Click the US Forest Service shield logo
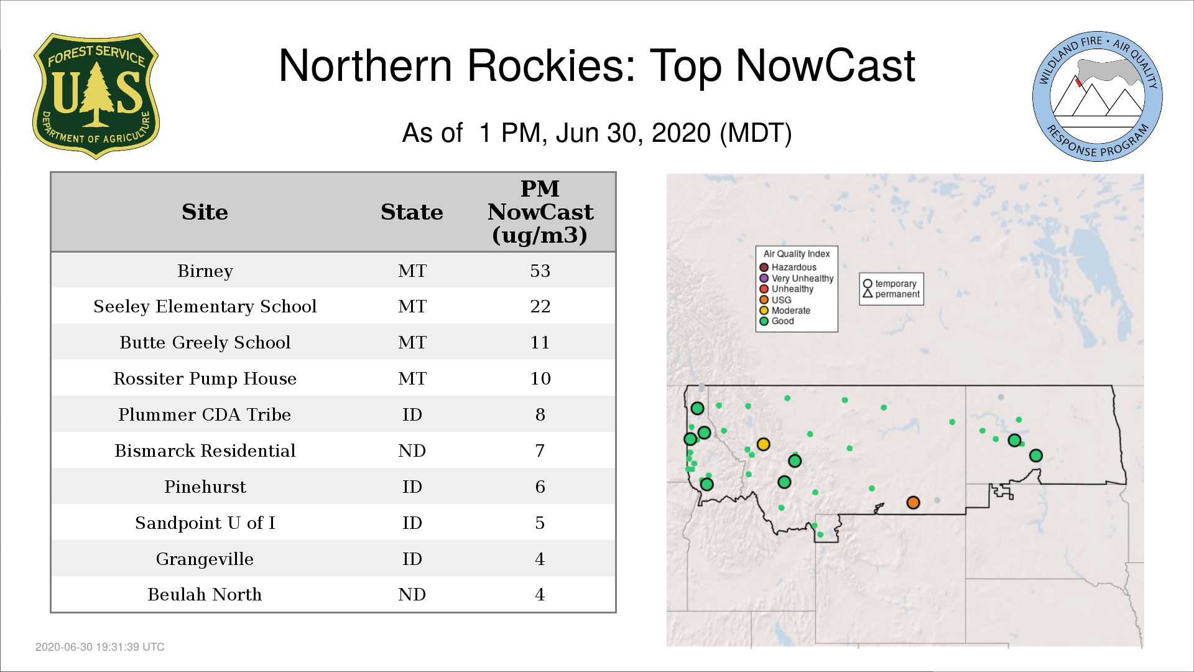tap(96, 96)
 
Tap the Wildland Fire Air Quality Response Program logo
tap(1098, 96)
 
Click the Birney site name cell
tap(205, 271)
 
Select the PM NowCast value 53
tap(540, 271)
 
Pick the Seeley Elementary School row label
tap(205, 307)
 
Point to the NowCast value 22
tap(540, 307)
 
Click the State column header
tap(412, 212)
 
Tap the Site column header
tap(205, 212)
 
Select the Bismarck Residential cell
tap(205, 451)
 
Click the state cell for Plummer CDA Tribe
tap(412, 415)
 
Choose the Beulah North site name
tap(205, 595)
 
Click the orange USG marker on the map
tap(913, 502)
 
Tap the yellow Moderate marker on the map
tap(764, 444)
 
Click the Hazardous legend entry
tap(788, 268)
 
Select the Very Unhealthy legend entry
tap(797, 278)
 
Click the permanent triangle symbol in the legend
tap(868, 293)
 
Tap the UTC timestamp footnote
tap(100, 647)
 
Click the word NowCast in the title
tap(825, 66)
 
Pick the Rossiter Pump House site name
tap(205, 379)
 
